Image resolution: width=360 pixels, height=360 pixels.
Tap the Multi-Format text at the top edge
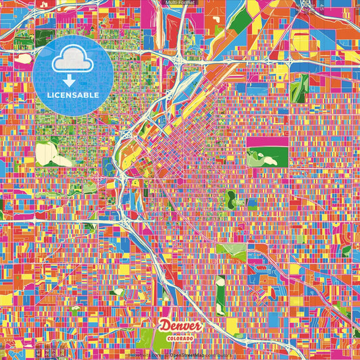[180, 3]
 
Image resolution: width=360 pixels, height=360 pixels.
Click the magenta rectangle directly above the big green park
[267, 142]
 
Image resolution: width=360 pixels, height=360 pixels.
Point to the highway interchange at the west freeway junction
[125, 220]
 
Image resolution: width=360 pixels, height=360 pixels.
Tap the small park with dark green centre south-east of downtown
[232, 198]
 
